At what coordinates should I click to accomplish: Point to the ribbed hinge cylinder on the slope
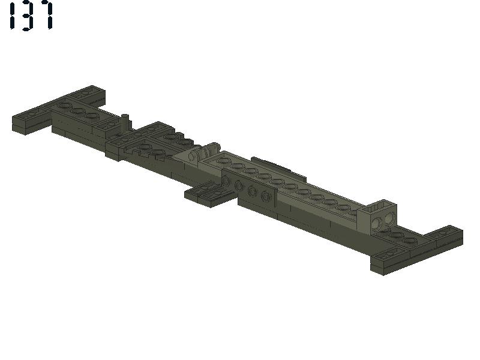point(205,152)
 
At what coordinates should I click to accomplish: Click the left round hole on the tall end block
point(377,222)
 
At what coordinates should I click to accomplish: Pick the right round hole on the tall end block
point(389,218)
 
